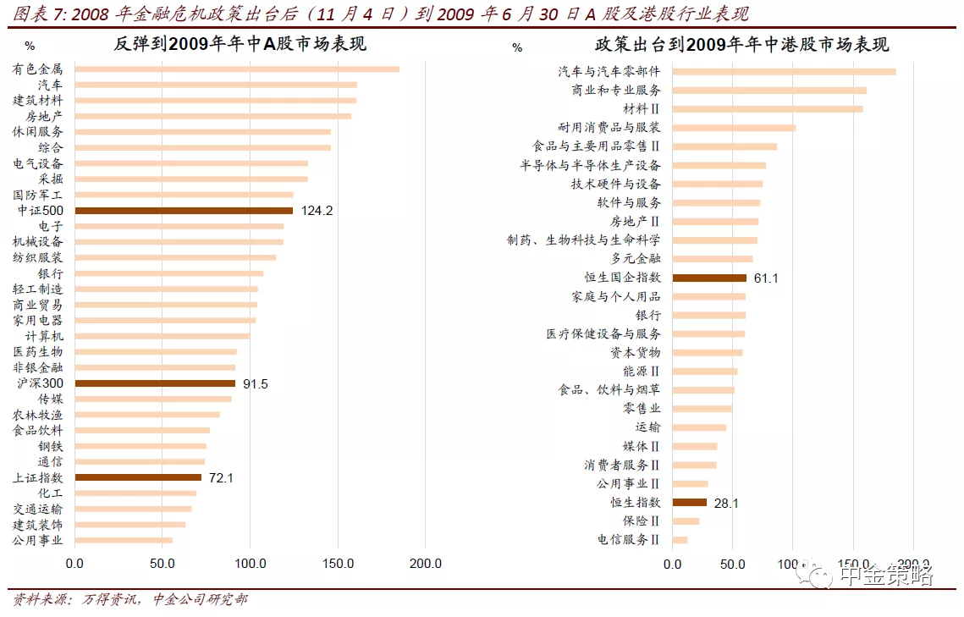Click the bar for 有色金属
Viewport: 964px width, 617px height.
237,69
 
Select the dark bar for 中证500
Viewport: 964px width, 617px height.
184,210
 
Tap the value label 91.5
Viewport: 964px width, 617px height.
256,383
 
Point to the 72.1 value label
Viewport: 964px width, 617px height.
221,477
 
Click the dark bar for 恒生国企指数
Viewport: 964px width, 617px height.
709,278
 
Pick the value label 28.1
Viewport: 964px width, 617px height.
726,503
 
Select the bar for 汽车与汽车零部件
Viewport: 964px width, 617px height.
784,72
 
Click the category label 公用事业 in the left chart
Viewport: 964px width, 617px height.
38,540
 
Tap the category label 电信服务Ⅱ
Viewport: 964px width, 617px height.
629,539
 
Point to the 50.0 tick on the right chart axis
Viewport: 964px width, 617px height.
732,563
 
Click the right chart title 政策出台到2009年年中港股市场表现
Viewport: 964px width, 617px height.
741,45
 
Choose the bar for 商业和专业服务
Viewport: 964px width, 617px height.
769,90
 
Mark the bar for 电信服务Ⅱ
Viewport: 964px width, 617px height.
680,539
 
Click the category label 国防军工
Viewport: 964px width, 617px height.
38,195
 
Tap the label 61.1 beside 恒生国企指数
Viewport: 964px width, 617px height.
767,278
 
